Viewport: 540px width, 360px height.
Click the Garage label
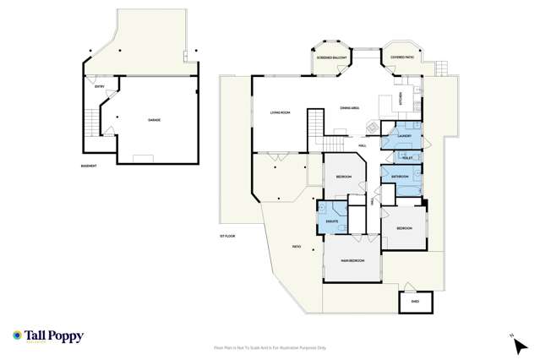(154, 120)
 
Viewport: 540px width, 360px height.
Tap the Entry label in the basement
(101, 86)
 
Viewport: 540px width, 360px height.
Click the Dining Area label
(351, 108)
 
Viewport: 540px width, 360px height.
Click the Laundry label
(403, 134)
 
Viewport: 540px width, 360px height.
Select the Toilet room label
(407, 158)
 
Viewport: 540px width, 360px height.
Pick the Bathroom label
(400, 177)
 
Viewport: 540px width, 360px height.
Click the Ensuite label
(332, 221)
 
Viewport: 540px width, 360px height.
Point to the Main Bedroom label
(352, 259)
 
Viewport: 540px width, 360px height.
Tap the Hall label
(362, 145)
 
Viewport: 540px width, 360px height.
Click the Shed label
(415, 301)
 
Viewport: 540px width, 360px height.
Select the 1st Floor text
(226, 235)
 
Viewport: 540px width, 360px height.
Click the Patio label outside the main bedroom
(297, 247)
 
